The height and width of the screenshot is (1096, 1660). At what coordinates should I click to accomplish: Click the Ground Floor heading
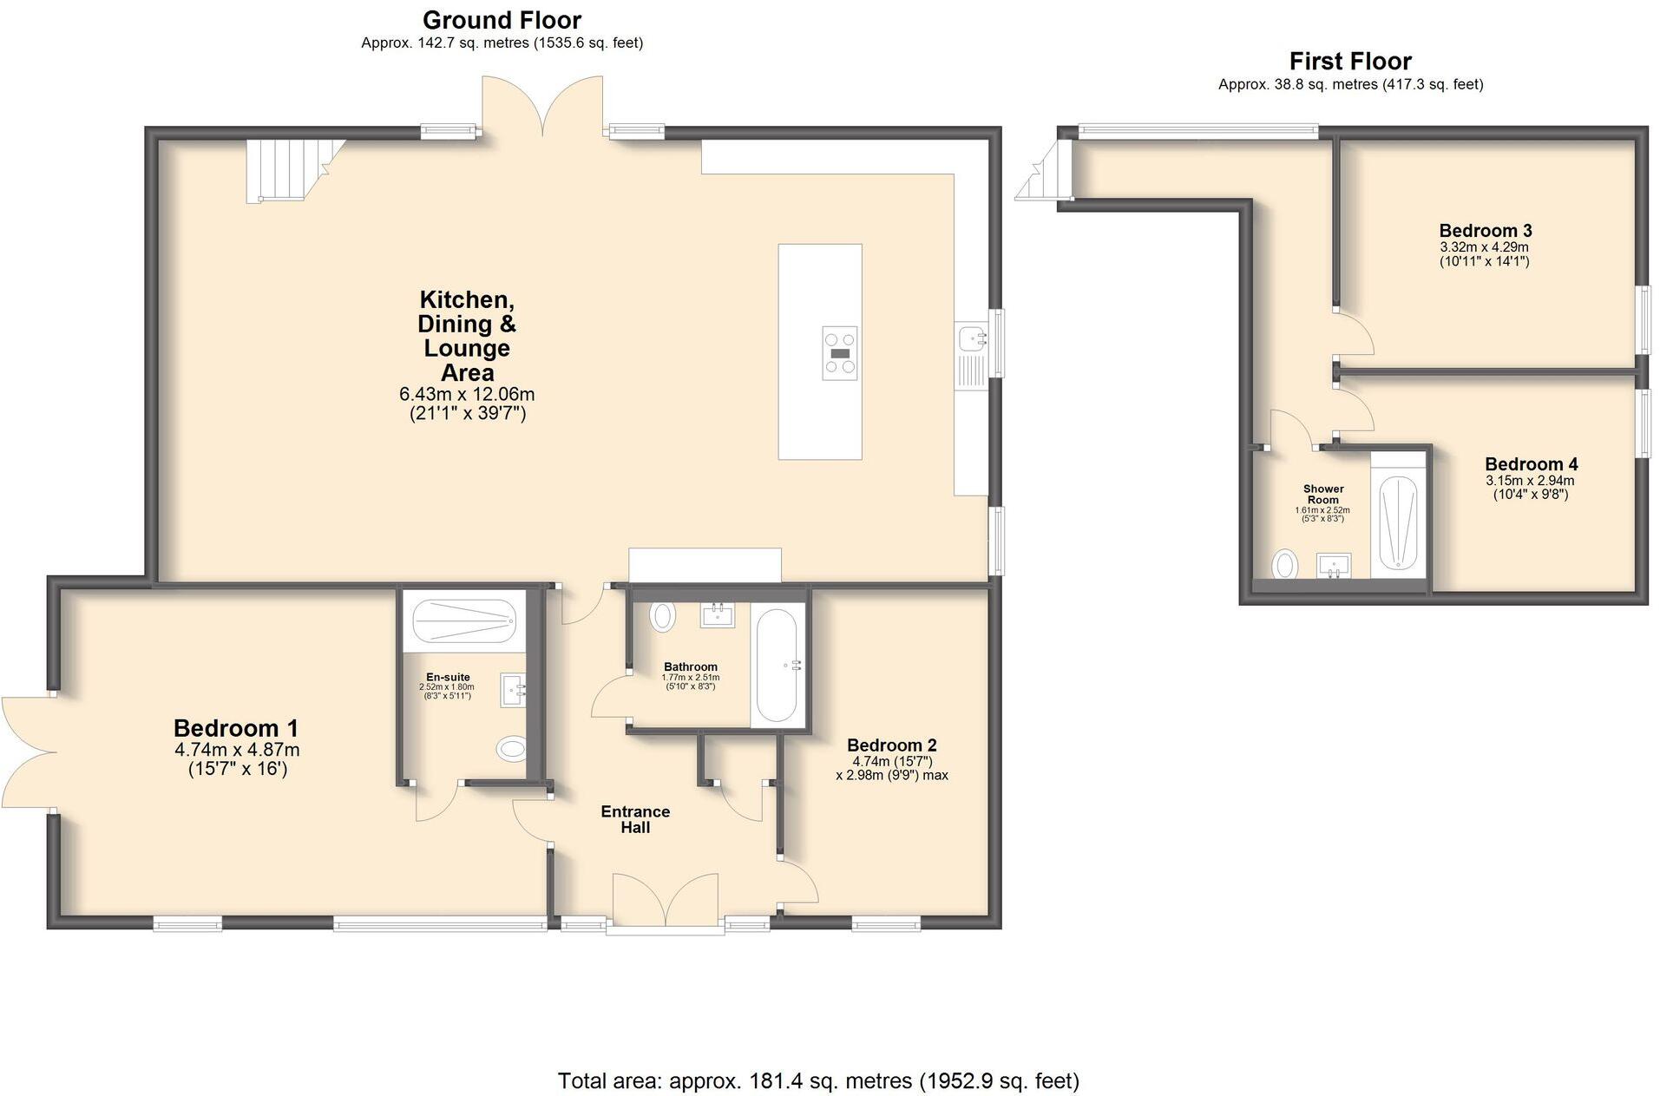pyautogui.click(x=502, y=20)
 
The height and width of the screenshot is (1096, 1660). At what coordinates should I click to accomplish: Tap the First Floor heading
pyautogui.click(x=1349, y=62)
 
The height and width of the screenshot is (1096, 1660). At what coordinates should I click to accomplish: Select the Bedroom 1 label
pyautogui.click(x=236, y=727)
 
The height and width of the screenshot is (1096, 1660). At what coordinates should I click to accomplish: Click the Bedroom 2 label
pyautogui.click(x=891, y=745)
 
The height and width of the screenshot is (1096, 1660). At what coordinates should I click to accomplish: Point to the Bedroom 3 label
pyautogui.click(x=1485, y=231)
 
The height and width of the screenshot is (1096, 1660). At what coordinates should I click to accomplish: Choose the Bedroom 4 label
pyautogui.click(x=1530, y=464)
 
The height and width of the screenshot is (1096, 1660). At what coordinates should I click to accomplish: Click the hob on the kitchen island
pyautogui.click(x=839, y=353)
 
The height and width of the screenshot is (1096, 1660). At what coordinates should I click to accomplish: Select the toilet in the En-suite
pyautogui.click(x=512, y=748)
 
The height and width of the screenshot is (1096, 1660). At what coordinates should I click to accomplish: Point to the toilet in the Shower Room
pyautogui.click(x=1285, y=566)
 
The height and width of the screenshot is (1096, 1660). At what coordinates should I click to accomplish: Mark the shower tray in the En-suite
pyautogui.click(x=463, y=621)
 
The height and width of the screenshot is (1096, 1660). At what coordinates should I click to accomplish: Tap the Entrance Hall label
pyautogui.click(x=635, y=819)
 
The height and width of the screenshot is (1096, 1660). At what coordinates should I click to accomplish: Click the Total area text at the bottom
pyautogui.click(x=817, y=1080)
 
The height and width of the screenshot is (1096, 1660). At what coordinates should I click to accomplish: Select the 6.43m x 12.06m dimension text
pyautogui.click(x=467, y=394)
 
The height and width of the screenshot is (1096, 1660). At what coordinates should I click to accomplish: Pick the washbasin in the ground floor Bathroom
pyautogui.click(x=718, y=615)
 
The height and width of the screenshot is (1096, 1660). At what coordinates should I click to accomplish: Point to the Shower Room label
pyautogui.click(x=1322, y=494)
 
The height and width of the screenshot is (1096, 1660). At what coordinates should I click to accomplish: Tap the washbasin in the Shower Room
pyautogui.click(x=1333, y=566)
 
